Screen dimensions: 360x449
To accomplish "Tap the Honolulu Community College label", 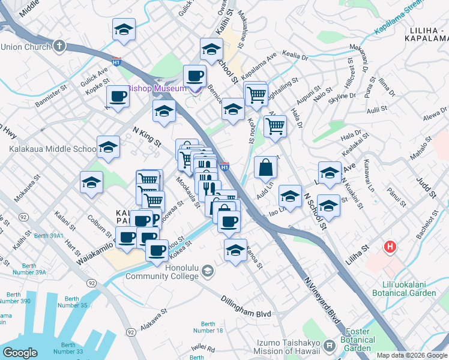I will coord(162,271).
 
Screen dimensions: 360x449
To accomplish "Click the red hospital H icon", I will coord(391,247).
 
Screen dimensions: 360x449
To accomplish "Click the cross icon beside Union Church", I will coord(59,46).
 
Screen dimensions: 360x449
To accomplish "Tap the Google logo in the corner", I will coord(21,353).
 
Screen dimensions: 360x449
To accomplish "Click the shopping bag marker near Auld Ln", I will coord(265,169).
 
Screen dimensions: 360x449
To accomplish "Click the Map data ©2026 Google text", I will coord(412,355).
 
